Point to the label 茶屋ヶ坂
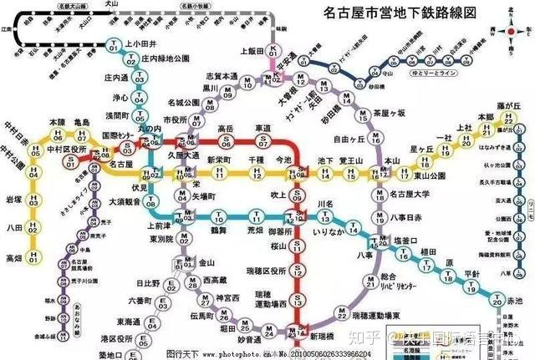[x=388, y=113]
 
